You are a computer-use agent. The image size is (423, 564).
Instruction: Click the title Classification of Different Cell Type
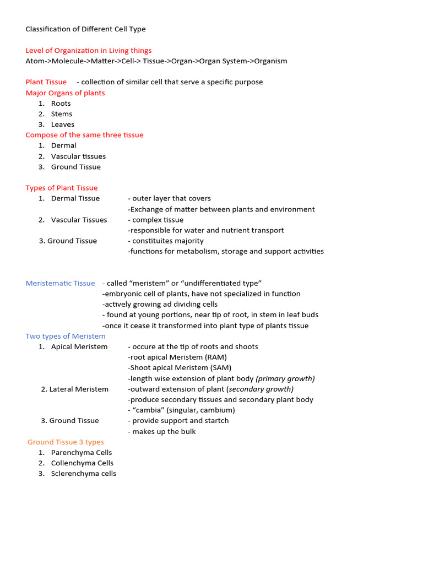(85, 29)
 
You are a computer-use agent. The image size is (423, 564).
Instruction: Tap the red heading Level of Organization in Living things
(88, 50)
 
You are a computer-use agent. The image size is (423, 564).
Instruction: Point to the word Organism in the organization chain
(270, 61)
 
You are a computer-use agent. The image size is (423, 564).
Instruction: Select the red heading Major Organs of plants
(65, 93)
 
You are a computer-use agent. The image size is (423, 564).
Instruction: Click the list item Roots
(61, 104)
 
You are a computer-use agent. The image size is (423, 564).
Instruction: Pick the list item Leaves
(62, 124)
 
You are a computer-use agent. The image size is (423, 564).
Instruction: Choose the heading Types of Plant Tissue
(61, 188)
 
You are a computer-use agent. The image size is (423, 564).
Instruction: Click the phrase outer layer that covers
(171, 198)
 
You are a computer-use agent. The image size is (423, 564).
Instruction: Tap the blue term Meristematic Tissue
(60, 283)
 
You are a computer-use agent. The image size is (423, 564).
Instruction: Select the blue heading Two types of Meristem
(65, 336)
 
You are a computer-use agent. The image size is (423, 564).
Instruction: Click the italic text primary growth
(285, 378)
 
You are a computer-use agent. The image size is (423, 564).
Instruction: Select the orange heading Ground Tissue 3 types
(66, 442)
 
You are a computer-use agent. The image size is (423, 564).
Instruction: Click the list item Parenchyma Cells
(82, 453)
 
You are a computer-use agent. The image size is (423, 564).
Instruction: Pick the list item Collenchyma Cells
(82, 463)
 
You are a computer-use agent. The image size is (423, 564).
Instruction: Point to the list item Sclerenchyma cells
(83, 474)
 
